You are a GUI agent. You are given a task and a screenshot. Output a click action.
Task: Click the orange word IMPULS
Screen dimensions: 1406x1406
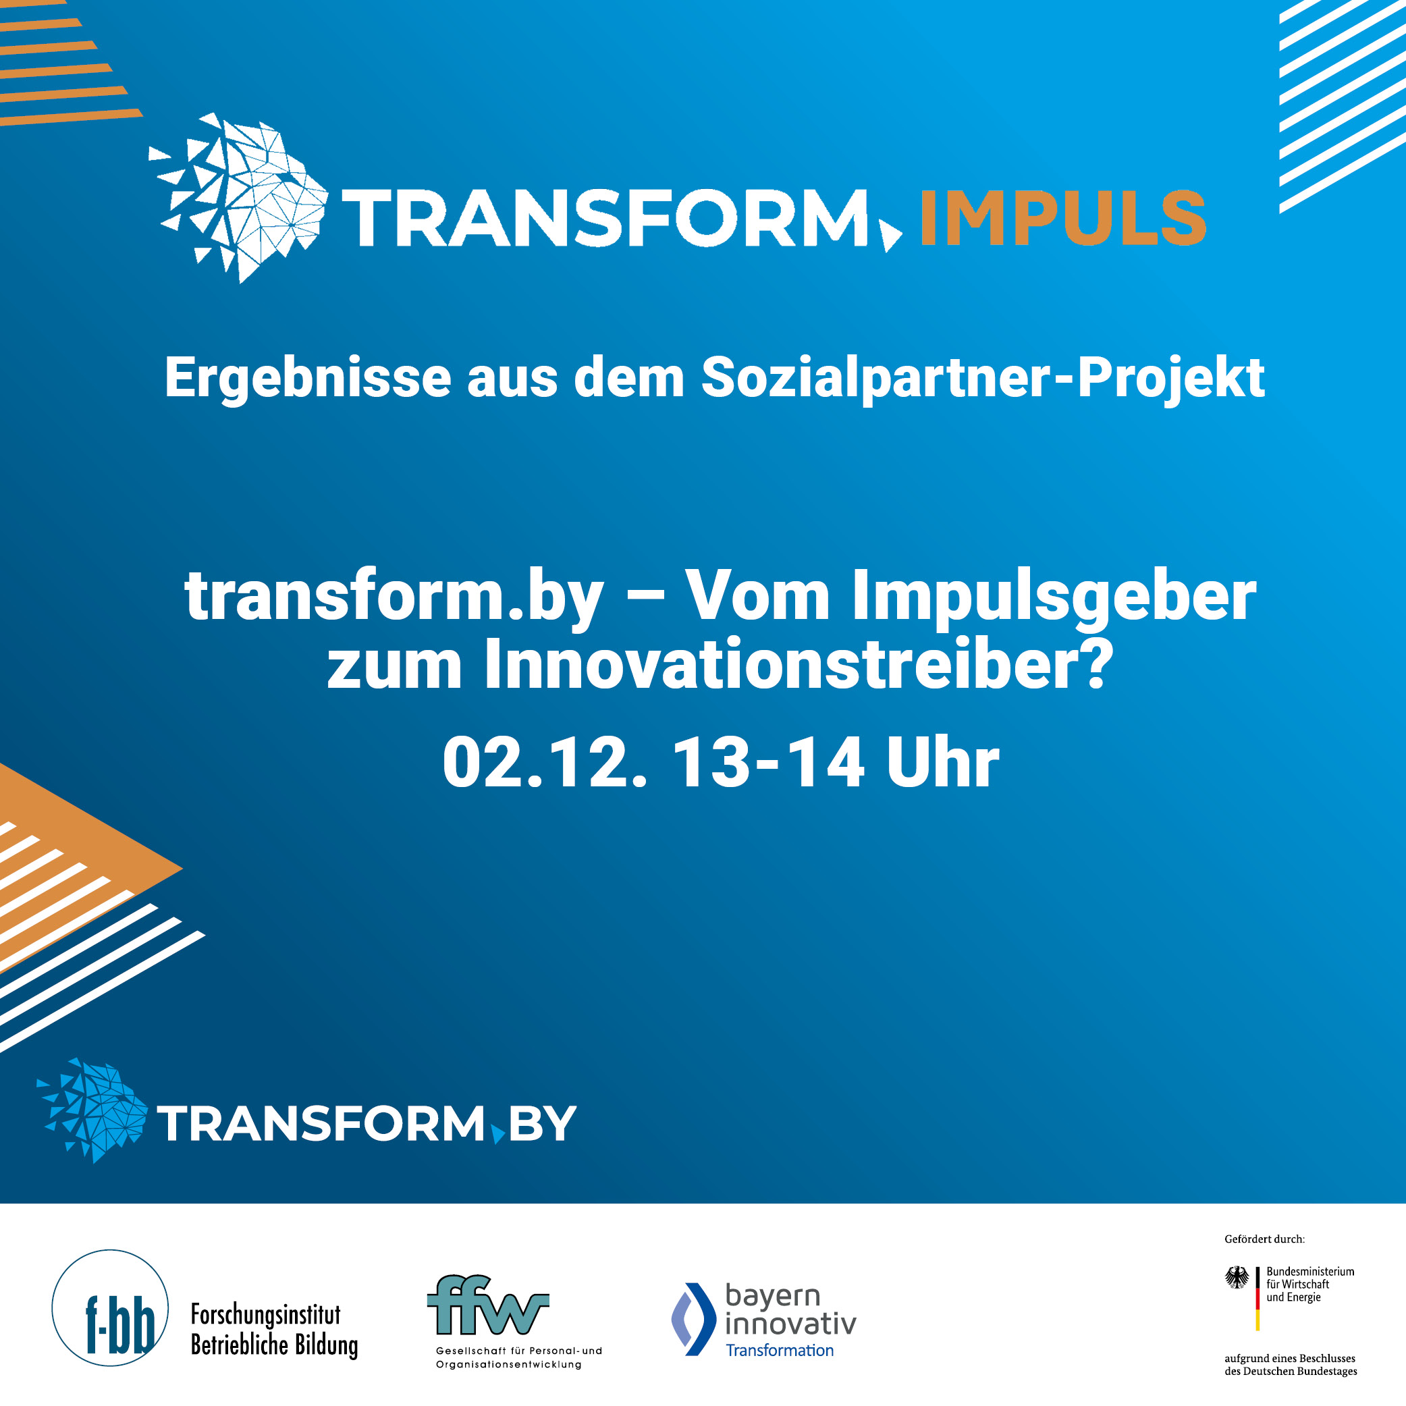(1063, 217)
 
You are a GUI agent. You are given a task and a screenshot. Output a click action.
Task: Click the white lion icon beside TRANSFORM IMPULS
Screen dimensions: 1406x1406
(239, 198)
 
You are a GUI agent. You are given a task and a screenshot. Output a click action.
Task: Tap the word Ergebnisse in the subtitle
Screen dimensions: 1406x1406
(308, 379)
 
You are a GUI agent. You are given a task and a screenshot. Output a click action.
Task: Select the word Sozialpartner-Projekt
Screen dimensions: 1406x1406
(983, 379)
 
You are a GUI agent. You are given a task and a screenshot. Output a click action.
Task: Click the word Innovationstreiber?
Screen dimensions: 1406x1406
(799, 664)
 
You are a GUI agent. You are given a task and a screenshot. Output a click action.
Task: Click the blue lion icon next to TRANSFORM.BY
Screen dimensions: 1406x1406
(92, 1110)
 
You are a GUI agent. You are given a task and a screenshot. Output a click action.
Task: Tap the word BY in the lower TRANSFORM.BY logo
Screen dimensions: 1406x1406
(542, 1125)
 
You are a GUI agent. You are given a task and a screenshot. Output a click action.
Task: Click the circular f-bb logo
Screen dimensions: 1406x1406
(110, 1307)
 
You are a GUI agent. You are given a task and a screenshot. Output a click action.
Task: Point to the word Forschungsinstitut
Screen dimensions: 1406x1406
(266, 1314)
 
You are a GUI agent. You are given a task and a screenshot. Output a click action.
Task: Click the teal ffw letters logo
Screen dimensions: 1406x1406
(487, 1305)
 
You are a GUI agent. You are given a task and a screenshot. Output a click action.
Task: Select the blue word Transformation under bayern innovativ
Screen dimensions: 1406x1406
(780, 1350)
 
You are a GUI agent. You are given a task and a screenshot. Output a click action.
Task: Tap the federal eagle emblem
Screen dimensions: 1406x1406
(1237, 1277)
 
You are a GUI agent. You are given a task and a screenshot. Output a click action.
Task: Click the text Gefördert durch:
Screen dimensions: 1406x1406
(1265, 1239)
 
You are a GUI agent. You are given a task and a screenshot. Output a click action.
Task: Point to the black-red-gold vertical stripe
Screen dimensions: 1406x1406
(1258, 1299)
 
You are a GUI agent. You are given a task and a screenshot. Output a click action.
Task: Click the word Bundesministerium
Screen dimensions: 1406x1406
(1311, 1272)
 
